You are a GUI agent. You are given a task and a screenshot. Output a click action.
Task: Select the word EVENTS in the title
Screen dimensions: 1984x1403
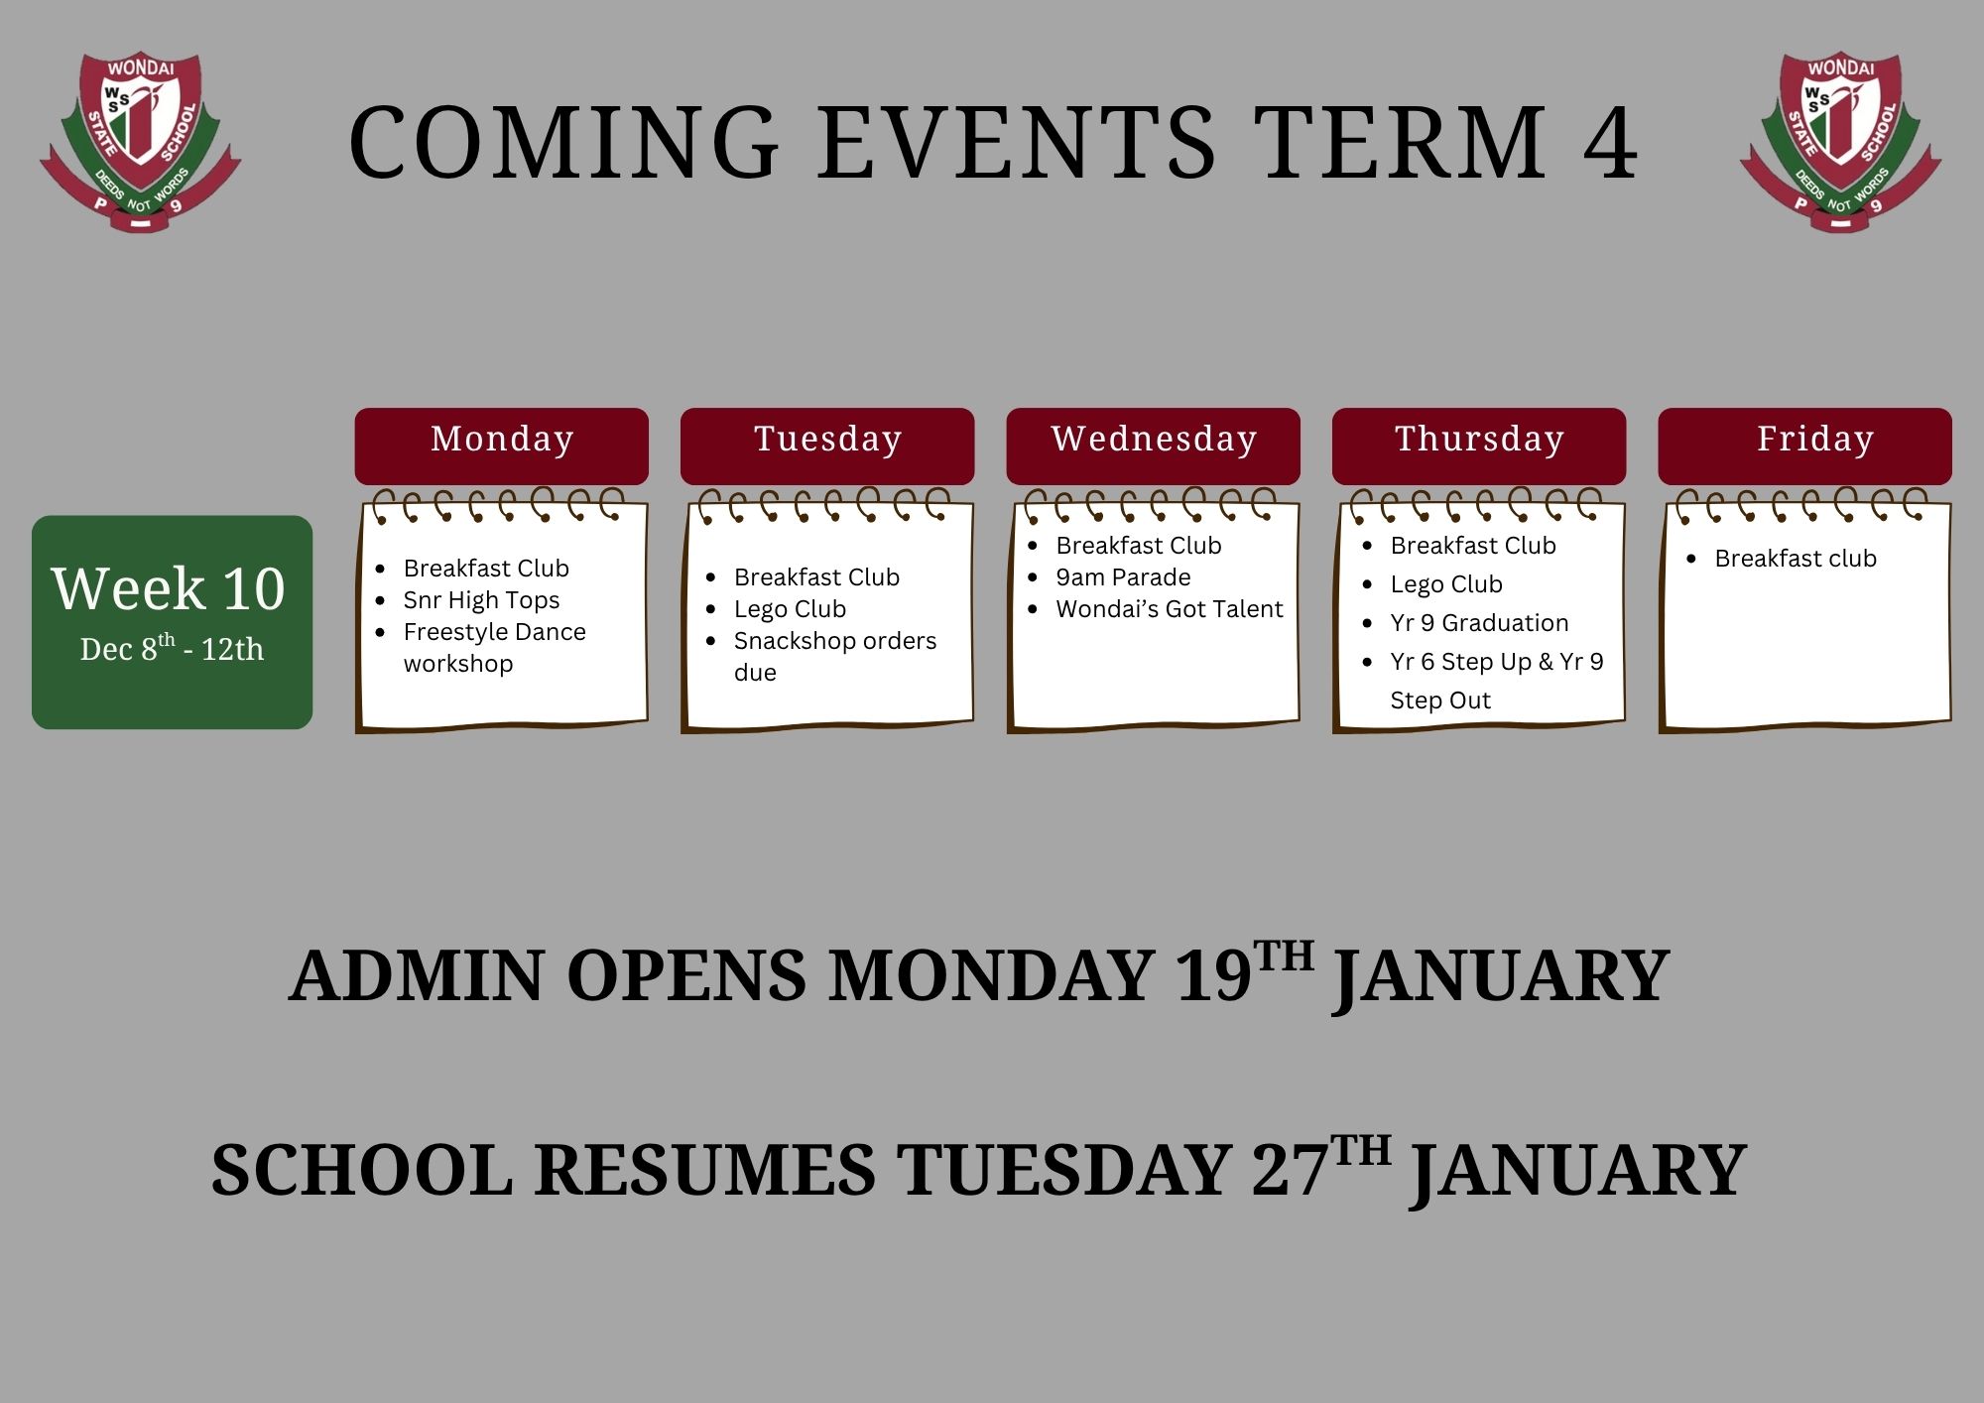pyautogui.click(x=1017, y=143)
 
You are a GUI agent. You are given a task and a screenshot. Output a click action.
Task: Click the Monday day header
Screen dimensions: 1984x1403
pyautogui.click(x=502, y=446)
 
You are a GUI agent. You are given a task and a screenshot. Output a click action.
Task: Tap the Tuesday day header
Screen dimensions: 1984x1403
pyautogui.click(x=827, y=446)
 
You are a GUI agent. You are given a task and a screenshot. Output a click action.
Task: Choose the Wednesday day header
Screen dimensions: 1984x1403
pyautogui.click(x=1153, y=446)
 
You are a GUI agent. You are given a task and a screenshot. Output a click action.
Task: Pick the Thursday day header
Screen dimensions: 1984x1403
pyautogui.click(x=1479, y=446)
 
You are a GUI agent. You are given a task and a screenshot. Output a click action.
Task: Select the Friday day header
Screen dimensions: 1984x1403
pyautogui.click(x=1804, y=446)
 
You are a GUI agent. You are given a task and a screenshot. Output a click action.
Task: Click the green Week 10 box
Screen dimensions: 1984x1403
pyautogui.click(x=172, y=622)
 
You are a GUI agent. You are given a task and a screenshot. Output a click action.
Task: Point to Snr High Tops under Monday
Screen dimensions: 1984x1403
pyautogui.click(x=481, y=600)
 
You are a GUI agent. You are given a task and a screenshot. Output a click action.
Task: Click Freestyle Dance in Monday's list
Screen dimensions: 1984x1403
pyautogui.click(x=494, y=632)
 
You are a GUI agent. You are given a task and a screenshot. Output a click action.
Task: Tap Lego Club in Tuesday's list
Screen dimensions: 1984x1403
pyautogui.click(x=790, y=609)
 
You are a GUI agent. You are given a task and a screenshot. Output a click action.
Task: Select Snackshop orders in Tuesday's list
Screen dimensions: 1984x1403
pyautogui.click(x=834, y=641)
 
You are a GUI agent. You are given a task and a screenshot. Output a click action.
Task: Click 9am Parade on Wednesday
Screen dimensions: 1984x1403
pyautogui.click(x=1123, y=577)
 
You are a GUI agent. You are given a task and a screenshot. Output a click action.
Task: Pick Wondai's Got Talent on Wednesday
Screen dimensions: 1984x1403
pyautogui.click(x=1170, y=609)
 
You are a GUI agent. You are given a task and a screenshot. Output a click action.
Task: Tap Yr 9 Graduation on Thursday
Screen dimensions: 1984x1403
pyautogui.click(x=1479, y=623)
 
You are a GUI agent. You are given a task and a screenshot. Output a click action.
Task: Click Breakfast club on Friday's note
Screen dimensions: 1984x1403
pyautogui.click(x=1796, y=559)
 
